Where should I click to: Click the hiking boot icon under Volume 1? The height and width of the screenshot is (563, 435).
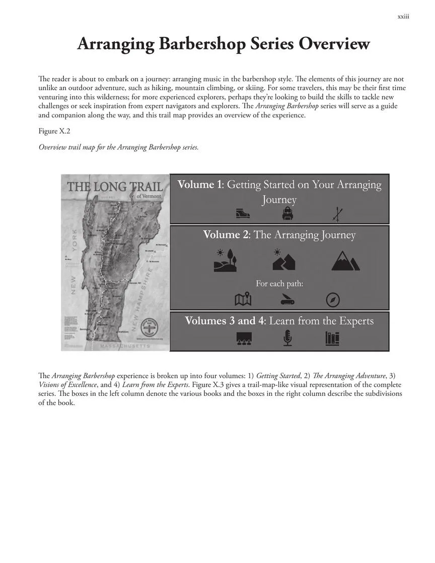(243, 214)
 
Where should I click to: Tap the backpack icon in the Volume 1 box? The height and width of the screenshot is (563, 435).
(287, 214)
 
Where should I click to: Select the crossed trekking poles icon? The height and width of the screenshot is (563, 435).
(337, 215)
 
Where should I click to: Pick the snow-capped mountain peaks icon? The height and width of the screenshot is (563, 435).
(345, 260)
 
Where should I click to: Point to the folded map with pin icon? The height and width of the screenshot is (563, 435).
(243, 300)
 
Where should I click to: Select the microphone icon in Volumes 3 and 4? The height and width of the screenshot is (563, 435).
(287, 338)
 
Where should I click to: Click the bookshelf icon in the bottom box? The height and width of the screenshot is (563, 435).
(332, 338)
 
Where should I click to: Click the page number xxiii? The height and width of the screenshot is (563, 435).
(403, 17)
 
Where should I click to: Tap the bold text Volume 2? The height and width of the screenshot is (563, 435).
(226, 235)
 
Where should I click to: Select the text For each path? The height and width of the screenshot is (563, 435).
(279, 284)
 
